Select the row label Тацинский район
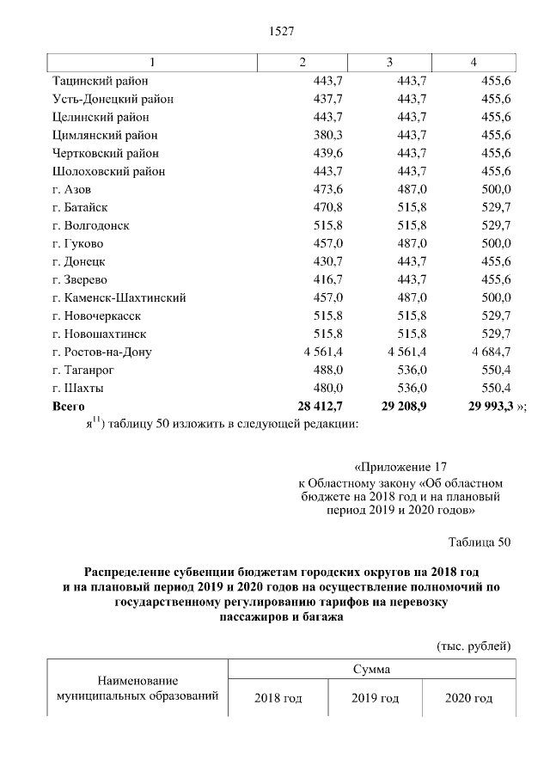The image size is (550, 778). (x=101, y=80)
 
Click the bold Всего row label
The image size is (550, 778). (x=70, y=406)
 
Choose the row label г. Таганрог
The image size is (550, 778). (x=89, y=370)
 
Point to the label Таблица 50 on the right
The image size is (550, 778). (x=480, y=542)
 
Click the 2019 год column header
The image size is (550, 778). (x=376, y=698)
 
